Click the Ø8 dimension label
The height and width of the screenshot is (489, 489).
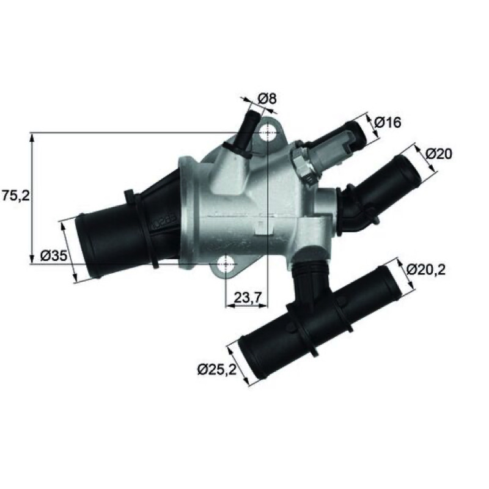point(267,99)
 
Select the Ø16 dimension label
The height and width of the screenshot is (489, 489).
point(388,123)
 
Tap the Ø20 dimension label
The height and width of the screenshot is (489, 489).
point(439,153)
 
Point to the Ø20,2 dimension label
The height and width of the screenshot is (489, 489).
point(425,270)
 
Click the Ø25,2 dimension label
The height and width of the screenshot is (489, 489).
point(217,370)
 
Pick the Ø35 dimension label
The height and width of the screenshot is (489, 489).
point(54,256)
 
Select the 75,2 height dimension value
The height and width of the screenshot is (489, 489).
point(16,196)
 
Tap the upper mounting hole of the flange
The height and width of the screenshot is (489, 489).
point(268,133)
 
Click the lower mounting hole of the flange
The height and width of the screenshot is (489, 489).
point(226,263)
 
